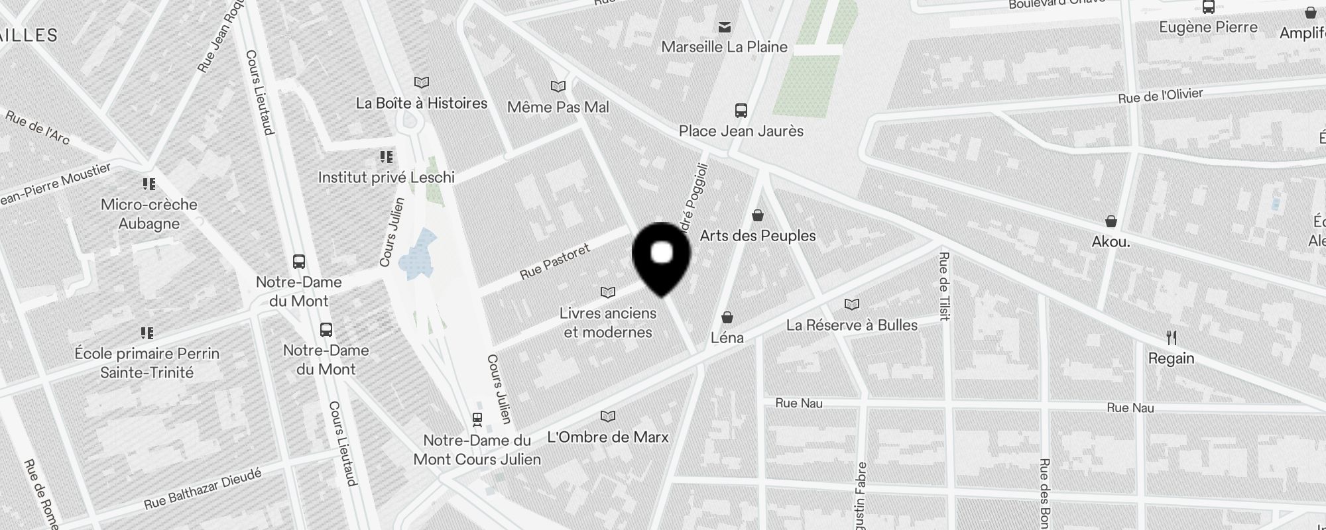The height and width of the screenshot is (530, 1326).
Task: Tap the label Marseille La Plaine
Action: coord(724,47)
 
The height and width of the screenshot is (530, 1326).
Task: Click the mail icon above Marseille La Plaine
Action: coord(725,27)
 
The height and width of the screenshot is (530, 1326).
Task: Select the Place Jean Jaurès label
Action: coord(741,131)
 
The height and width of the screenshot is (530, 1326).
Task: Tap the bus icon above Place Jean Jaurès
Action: coord(741,111)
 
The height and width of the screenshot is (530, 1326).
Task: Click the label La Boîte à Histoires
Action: coord(422,103)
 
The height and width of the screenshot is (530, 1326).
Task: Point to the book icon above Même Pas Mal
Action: coord(558,87)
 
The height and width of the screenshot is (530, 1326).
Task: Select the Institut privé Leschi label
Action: coord(386,178)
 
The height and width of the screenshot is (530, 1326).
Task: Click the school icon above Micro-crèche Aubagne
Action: coord(149,184)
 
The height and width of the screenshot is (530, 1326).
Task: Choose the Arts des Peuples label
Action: coord(758,236)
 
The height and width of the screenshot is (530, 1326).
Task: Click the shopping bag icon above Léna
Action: coord(727,318)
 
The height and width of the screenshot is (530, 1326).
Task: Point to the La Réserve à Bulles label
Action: coord(851,325)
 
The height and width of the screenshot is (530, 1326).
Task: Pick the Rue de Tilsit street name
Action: coord(944,286)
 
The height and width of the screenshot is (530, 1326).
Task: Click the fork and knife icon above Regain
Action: coord(1172,339)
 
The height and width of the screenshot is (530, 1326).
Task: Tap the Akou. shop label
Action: coord(1111,242)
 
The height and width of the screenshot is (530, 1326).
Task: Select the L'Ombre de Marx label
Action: coord(607,437)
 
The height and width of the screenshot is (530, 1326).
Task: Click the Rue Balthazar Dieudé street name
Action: coord(203,490)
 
